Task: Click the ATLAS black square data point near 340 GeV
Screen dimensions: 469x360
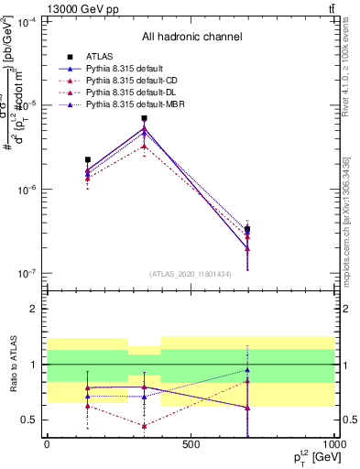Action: pyautogui.click(x=144, y=118)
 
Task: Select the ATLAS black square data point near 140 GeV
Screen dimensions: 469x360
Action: pyautogui.click(x=87, y=160)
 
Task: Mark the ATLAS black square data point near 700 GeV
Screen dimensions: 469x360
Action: pyautogui.click(x=247, y=229)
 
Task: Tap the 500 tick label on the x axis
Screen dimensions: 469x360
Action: pyautogui.click(x=191, y=446)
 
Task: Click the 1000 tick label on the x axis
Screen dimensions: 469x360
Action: pyautogui.click(x=333, y=446)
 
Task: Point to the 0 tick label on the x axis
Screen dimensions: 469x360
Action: pyautogui.click(x=47, y=446)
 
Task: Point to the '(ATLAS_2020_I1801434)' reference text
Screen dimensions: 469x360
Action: pyautogui.click(x=191, y=274)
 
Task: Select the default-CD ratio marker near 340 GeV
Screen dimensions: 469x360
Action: pyautogui.click(x=144, y=426)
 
